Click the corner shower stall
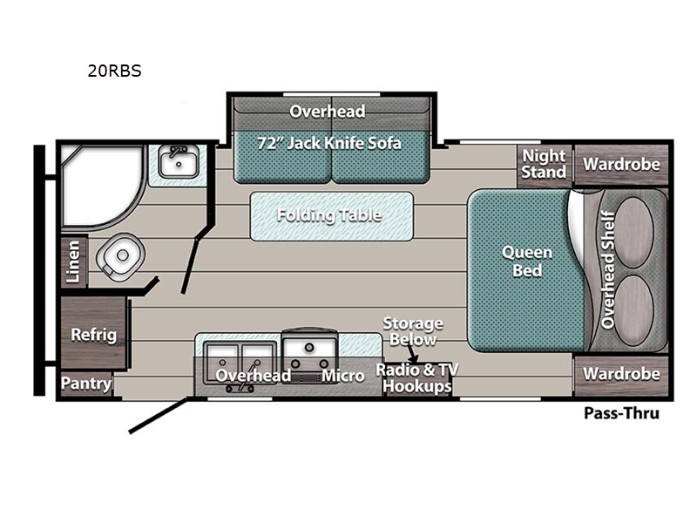pyautogui.click(x=98, y=185)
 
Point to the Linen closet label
pyautogui.click(x=75, y=262)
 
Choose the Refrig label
pyautogui.click(x=93, y=335)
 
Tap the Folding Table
pyautogui.click(x=328, y=215)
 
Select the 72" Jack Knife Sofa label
pyautogui.click(x=328, y=142)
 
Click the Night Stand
pyautogui.click(x=544, y=164)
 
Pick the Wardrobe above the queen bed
pyautogui.click(x=619, y=164)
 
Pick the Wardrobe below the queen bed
pyautogui.click(x=619, y=374)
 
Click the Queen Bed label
pyautogui.click(x=527, y=261)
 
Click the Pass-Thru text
pyautogui.click(x=621, y=413)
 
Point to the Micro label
pyautogui.click(x=342, y=376)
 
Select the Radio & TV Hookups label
pyautogui.click(x=416, y=377)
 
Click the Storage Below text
pyautogui.click(x=413, y=332)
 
